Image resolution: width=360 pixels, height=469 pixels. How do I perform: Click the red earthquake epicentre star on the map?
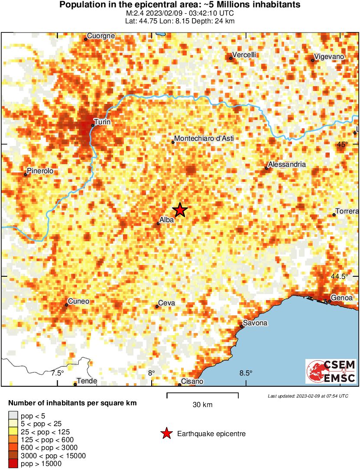click(180, 210)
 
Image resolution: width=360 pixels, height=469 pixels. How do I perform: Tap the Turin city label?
click(102, 122)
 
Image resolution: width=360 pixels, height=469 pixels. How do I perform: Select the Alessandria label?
click(287, 165)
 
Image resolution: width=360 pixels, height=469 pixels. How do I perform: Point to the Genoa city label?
click(342, 298)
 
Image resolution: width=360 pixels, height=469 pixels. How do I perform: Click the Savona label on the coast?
click(255, 323)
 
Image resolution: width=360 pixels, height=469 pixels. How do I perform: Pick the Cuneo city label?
click(78, 301)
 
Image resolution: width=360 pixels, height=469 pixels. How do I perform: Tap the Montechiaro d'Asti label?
click(204, 139)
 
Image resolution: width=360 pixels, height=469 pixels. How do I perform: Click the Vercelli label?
click(244, 55)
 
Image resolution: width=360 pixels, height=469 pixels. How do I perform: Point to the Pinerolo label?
click(40, 171)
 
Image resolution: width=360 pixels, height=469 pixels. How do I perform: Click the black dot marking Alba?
click(158, 224)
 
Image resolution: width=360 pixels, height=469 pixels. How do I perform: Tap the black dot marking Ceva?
click(157, 307)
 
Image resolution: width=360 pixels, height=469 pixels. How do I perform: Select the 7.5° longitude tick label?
click(57, 373)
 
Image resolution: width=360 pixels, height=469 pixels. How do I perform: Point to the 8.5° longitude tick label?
click(246, 373)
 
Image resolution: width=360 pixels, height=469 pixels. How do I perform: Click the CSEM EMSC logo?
click(331, 371)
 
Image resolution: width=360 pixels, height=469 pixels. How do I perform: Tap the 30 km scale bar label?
click(202, 405)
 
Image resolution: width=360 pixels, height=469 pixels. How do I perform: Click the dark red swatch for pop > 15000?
click(13, 463)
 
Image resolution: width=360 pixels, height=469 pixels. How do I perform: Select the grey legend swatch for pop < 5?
click(13, 416)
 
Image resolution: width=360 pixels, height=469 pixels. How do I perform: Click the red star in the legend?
click(166, 433)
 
